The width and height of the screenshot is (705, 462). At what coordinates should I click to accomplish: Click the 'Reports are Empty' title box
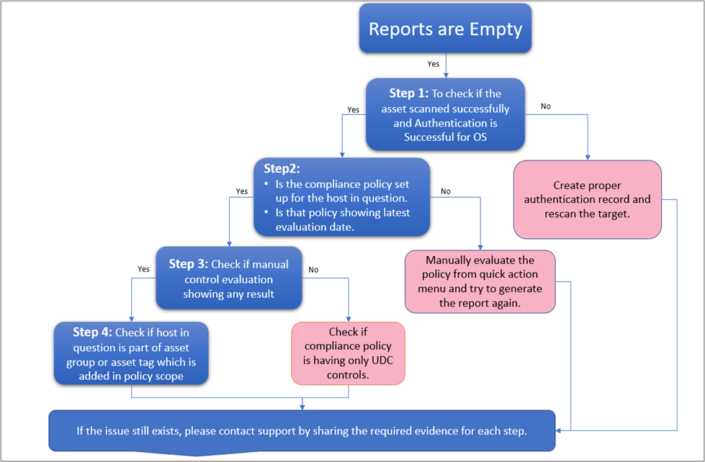(445, 29)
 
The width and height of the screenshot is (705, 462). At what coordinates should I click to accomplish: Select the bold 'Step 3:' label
(189, 264)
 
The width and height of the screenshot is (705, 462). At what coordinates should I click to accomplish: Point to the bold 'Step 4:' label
(91, 332)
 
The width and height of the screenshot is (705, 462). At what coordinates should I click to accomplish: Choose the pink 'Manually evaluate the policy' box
(480, 281)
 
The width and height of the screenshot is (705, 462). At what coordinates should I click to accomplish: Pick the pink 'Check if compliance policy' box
(348, 353)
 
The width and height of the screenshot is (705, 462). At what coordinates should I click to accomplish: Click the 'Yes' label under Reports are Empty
(433, 64)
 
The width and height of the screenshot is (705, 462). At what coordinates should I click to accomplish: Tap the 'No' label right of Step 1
(545, 106)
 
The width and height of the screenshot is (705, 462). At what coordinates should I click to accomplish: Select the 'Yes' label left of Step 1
(353, 110)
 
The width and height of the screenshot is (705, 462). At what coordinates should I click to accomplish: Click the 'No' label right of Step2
(445, 192)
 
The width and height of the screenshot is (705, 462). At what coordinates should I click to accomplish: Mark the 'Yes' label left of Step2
(241, 192)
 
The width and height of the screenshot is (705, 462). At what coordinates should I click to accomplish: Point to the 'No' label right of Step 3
(313, 269)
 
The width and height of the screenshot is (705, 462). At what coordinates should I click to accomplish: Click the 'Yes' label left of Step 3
(143, 269)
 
